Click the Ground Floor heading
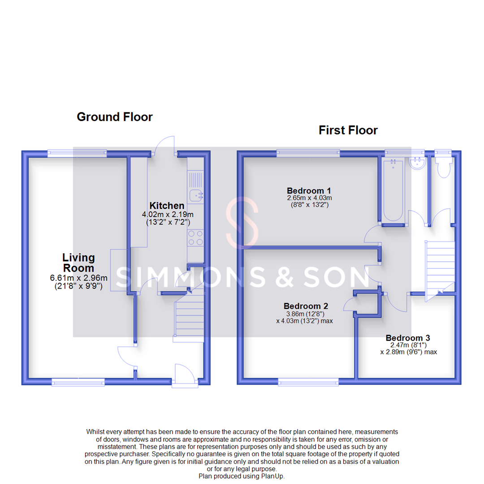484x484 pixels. click(115, 117)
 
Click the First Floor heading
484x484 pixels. click(348, 130)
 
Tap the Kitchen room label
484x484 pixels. click(167, 206)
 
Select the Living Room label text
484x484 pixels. click(78, 263)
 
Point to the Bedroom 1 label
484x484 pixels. click(309, 190)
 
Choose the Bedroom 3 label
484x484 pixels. click(408, 338)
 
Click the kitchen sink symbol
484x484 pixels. click(195, 195)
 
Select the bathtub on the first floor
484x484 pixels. click(393, 190)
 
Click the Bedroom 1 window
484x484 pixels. click(308, 153)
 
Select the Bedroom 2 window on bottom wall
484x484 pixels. click(308, 382)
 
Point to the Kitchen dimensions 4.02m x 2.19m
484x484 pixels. click(167, 215)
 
